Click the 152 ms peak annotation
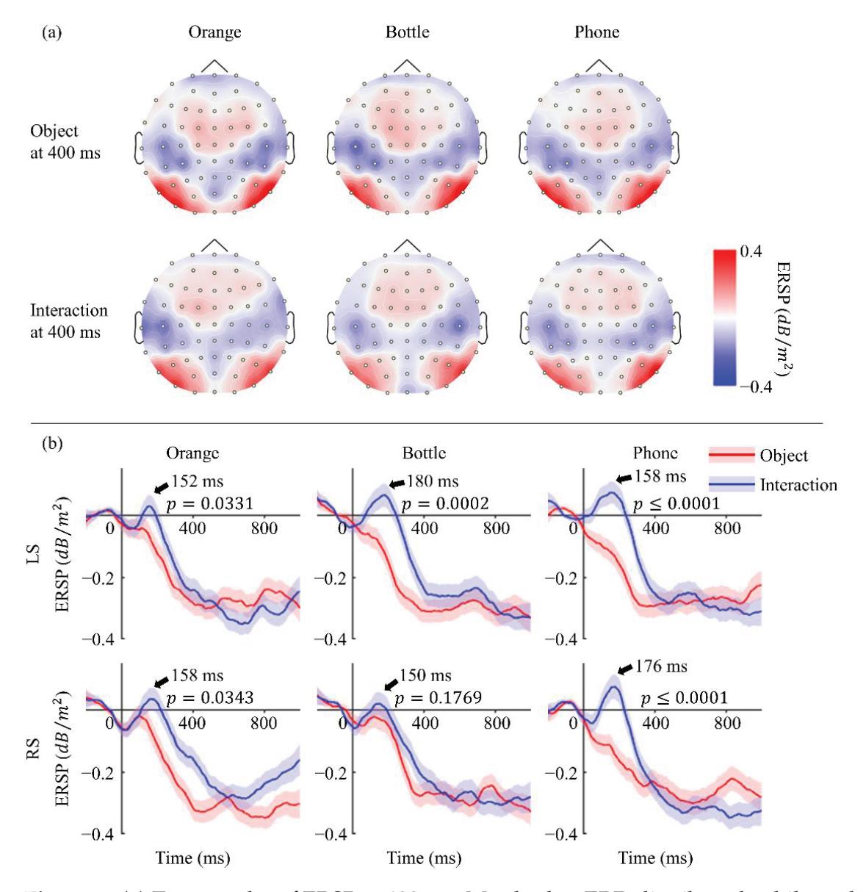(197, 482)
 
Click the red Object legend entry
(757, 456)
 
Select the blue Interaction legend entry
(772, 485)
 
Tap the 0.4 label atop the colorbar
(750, 252)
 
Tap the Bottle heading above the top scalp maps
(407, 32)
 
